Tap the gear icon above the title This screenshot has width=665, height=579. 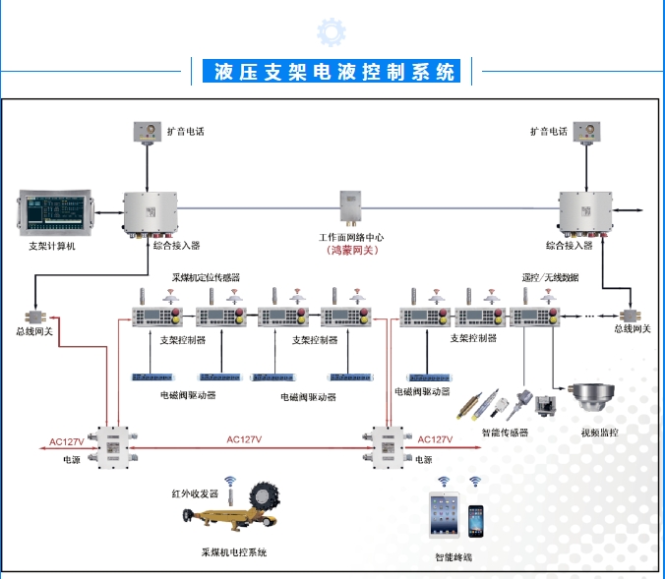[x=332, y=32]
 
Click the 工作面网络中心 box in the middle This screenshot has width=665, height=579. [x=352, y=208]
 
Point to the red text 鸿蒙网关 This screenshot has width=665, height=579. [x=352, y=251]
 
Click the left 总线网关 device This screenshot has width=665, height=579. [x=35, y=317]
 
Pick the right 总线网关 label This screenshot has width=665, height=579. [x=632, y=328]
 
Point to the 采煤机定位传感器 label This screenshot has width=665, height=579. [x=207, y=278]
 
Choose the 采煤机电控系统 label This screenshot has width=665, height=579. [x=234, y=552]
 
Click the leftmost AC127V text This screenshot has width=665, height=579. [x=67, y=441]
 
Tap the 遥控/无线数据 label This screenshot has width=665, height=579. [x=552, y=278]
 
